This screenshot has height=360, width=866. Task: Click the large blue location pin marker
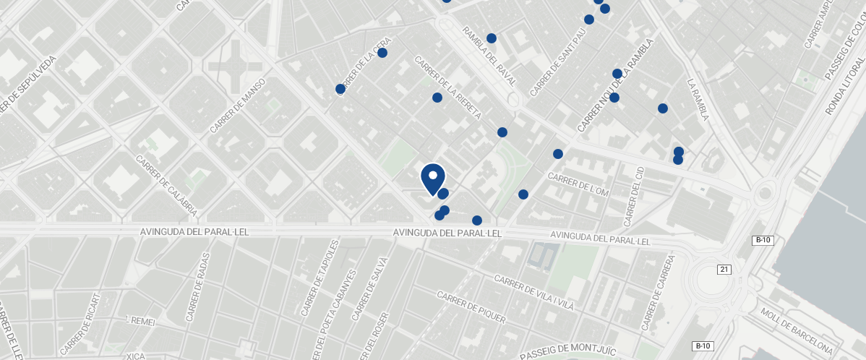(x=432, y=178)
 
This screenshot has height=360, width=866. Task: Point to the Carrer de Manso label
(x=239, y=106)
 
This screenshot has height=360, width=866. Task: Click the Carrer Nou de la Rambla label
(x=614, y=85)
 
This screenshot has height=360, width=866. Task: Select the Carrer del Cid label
(x=634, y=194)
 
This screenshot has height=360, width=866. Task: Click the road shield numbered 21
(x=724, y=269)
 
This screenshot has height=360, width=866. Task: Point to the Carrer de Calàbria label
(x=166, y=186)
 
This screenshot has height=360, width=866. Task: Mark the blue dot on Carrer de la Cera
(x=382, y=53)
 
